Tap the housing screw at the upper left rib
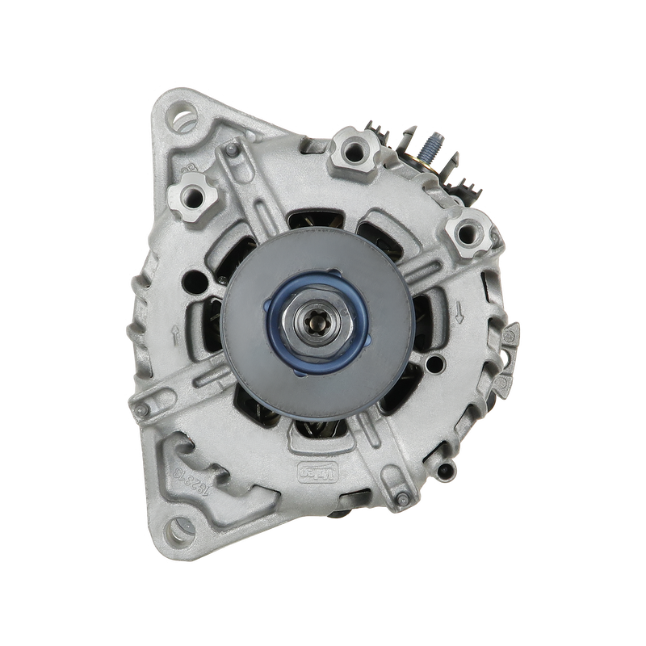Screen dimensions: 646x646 point(233,150)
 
